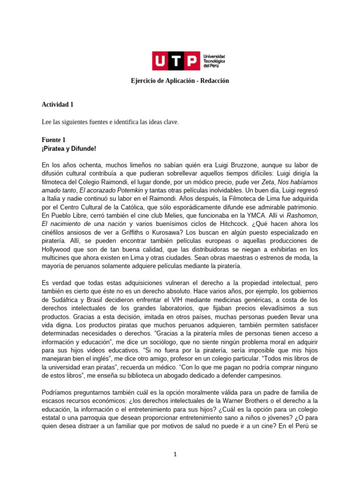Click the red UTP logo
(x=175, y=61)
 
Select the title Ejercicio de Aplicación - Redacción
(x=180, y=81)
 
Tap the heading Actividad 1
(x=57, y=105)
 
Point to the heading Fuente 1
(x=54, y=140)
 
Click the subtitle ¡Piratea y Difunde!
(x=69, y=149)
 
